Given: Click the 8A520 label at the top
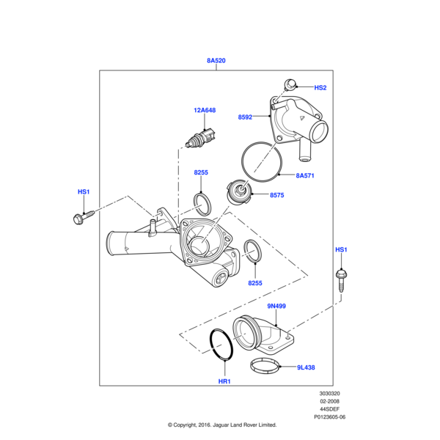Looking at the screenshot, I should pos(216,62).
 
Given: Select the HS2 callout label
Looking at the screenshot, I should pos(320,88).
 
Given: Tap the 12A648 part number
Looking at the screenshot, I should pos(205,111).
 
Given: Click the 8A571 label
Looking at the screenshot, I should pos(306,176).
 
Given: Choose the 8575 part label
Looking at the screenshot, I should pos(277,196).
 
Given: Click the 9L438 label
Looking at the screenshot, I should pos(306,367).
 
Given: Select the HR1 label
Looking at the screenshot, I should pos(224,382).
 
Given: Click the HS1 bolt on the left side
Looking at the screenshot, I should pos(84,216).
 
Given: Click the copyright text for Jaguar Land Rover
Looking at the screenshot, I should pos(221,425).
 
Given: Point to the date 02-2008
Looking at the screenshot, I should pos(328,402).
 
